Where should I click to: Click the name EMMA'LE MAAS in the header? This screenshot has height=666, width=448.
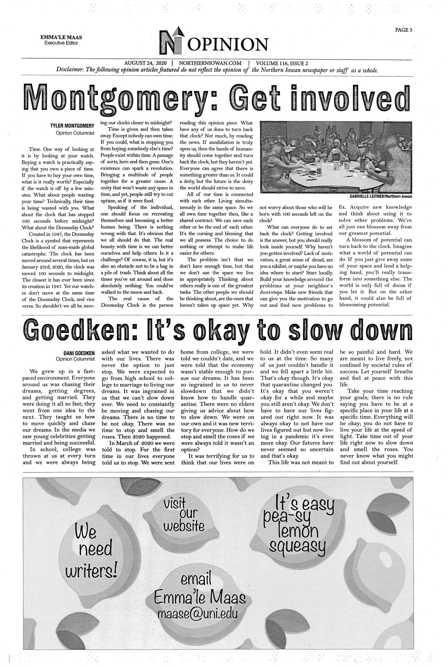(x=64, y=37)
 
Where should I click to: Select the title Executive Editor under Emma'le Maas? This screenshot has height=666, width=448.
(x=64, y=43)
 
